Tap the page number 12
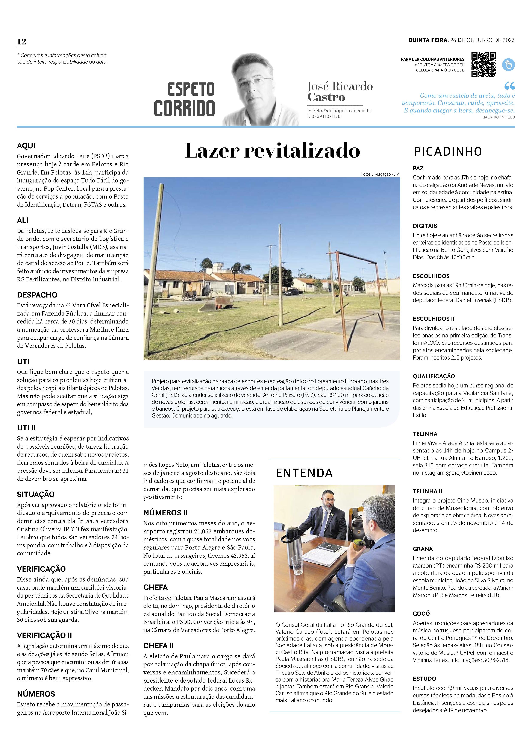[22, 41]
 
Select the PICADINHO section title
[447, 152]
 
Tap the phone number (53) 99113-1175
[324, 116]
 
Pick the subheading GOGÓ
[421, 614]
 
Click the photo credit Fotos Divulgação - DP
[380, 174]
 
